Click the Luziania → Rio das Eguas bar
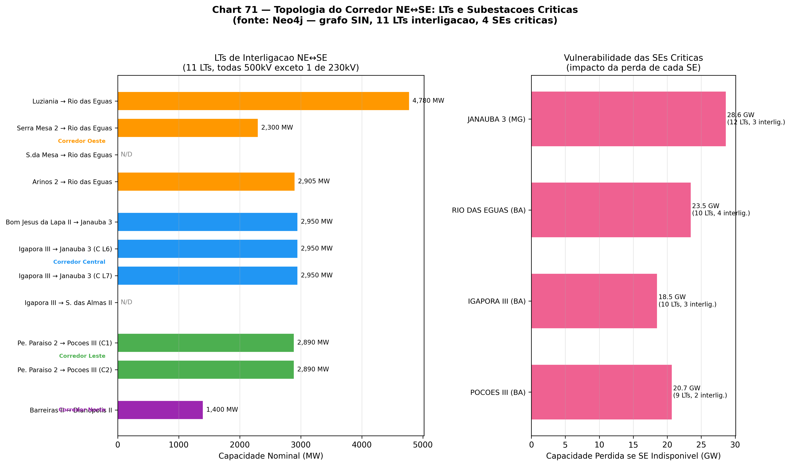coord(263,101)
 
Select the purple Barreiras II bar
coord(160,410)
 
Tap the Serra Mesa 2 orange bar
coord(188,128)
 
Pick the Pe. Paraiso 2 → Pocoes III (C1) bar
coord(206,343)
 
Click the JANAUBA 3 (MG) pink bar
coord(628,119)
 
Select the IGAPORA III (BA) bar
coord(594,301)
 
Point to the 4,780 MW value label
coord(428,101)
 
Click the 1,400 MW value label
coord(222,409)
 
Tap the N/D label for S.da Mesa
coord(126,155)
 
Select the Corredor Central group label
coord(79,262)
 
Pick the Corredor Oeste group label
coord(82,141)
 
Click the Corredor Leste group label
coord(82,356)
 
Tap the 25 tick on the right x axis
coord(701,445)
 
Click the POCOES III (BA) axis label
coord(498,393)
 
